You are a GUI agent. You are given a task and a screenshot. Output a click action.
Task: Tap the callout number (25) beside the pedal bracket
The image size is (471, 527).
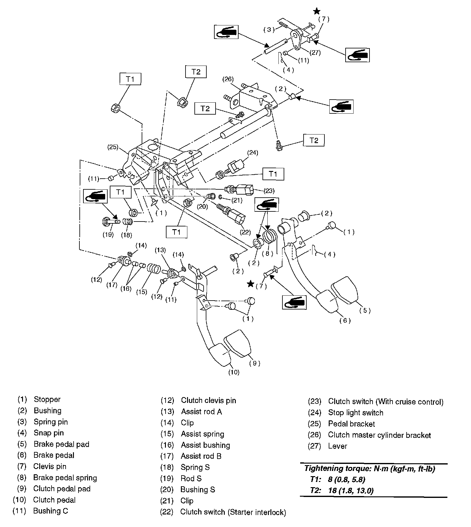pyautogui.click(x=113, y=147)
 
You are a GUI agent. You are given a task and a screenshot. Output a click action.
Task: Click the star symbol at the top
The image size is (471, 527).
pyautogui.click(x=317, y=12)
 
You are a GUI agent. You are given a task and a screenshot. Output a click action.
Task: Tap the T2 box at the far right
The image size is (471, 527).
pyautogui.click(x=314, y=140)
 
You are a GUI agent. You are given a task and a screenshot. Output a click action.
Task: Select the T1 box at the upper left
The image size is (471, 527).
pyautogui.click(x=130, y=79)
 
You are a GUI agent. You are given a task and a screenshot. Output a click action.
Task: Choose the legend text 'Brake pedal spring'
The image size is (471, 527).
pyautogui.click(x=65, y=477)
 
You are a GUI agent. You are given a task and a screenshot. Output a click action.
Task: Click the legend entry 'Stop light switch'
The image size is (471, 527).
pyautogui.click(x=355, y=413)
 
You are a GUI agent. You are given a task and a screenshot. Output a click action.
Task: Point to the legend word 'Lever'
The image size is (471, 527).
pyautogui.click(x=337, y=446)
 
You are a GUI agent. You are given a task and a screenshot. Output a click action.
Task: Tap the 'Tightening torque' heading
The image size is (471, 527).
pyautogui.click(x=370, y=468)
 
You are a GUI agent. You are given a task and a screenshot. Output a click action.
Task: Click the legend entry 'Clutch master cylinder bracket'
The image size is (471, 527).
pyautogui.click(x=379, y=435)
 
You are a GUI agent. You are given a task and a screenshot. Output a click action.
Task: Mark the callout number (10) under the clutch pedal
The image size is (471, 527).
pyautogui.click(x=234, y=372)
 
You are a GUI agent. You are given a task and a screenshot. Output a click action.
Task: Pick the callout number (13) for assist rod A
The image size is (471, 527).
pyautogui.click(x=160, y=250)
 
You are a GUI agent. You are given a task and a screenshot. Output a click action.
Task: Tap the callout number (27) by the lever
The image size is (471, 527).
pyautogui.click(x=315, y=52)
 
